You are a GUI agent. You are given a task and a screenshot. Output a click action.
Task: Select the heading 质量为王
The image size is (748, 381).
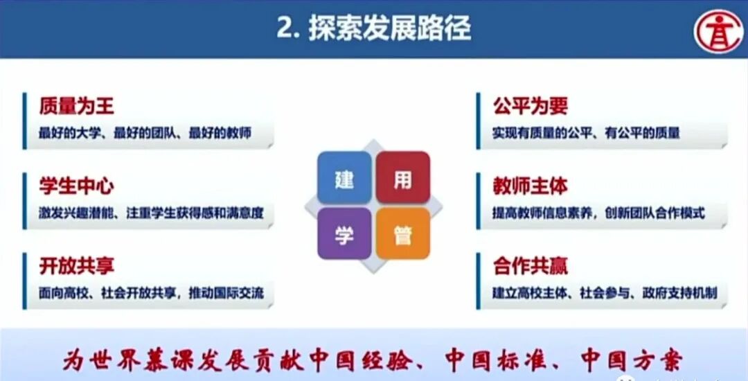pyautogui.click(x=77, y=105)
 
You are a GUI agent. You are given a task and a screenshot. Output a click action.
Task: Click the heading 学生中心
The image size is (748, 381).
pyautogui.click(x=77, y=186)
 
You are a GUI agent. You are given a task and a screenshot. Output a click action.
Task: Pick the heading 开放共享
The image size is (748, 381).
pyautogui.click(x=77, y=265)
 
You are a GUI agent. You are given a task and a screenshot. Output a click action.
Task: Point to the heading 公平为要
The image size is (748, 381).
pyautogui.click(x=531, y=105)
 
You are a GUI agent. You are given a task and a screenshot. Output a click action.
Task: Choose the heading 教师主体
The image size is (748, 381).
pyautogui.click(x=531, y=186)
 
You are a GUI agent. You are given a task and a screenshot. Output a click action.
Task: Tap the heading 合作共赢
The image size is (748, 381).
pyautogui.click(x=531, y=265)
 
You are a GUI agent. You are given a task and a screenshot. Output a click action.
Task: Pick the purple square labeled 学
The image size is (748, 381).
pyautogui.click(x=344, y=234)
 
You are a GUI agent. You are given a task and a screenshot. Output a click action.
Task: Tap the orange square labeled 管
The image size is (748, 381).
pyautogui.click(x=402, y=234)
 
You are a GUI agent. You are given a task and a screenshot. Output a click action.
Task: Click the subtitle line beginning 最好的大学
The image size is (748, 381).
pyautogui.click(x=145, y=133)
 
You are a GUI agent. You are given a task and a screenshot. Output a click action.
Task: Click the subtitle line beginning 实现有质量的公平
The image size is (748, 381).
pyautogui.click(x=586, y=133)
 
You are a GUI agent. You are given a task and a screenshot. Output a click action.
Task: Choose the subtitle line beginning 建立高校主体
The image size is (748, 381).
pyautogui.click(x=604, y=292)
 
